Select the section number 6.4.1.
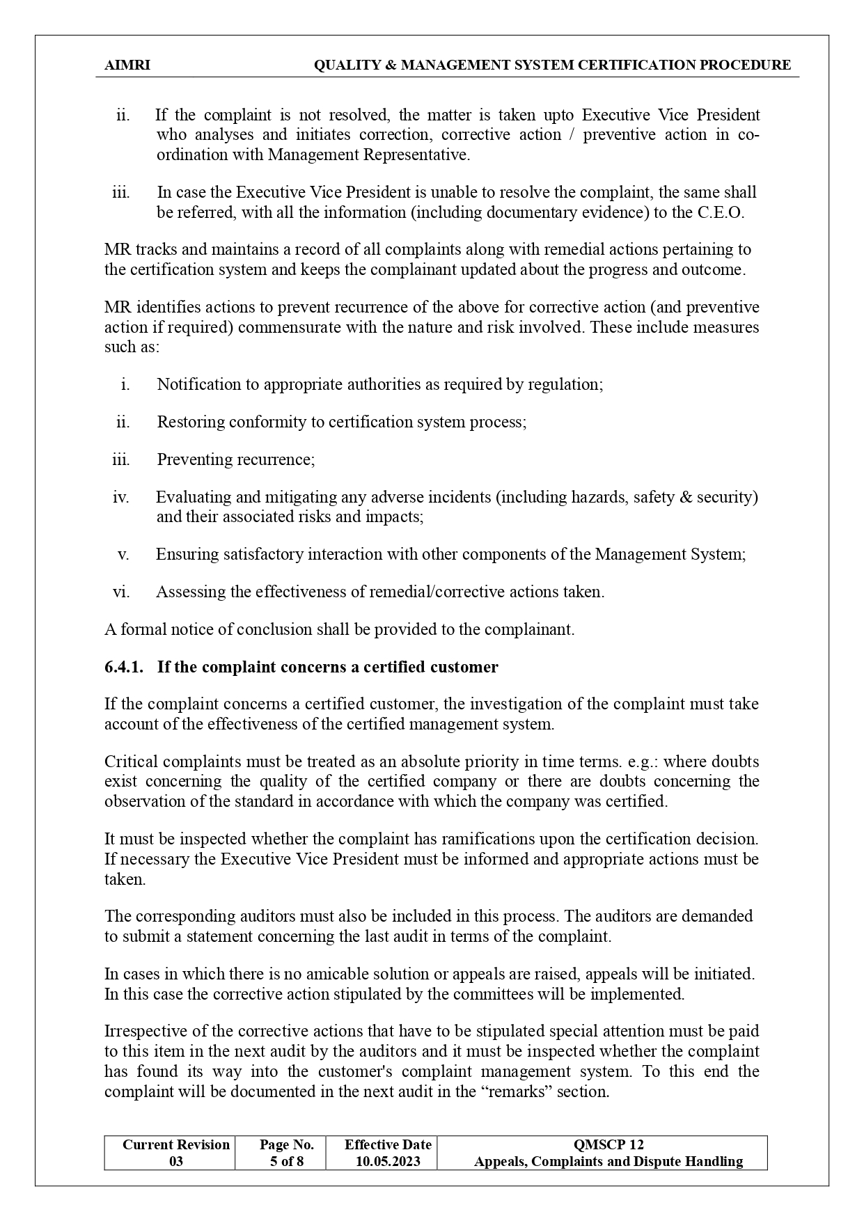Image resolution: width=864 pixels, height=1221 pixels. (x=124, y=668)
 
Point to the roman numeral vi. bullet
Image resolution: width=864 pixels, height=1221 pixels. (x=120, y=592)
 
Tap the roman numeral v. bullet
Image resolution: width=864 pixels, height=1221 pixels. (x=123, y=555)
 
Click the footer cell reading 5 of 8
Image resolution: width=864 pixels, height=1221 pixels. (x=287, y=1161)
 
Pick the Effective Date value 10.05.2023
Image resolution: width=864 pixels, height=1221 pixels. (x=388, y=1161)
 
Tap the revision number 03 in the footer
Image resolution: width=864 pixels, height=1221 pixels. (x=176, y=1161)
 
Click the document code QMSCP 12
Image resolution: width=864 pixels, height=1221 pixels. (x=608, y=1144)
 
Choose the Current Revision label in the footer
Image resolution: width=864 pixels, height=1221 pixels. (x=175, y=1144)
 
